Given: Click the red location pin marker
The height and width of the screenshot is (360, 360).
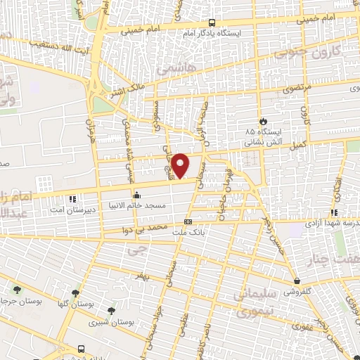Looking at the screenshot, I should [x=181, y=165].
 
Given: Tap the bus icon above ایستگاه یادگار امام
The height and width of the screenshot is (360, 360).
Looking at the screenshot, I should [x=212, y=22].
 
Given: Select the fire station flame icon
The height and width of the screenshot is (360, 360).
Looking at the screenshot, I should [x=263, y=122].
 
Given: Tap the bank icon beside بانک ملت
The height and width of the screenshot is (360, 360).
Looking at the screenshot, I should [x=188, y=221].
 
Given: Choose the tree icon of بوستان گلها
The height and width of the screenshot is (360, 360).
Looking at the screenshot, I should [x=76, y=292].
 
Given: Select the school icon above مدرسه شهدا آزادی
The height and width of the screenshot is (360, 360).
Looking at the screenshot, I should [x=335, y=212].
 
